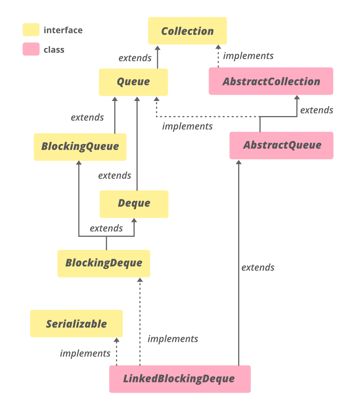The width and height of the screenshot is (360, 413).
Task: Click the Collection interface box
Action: [187, 31]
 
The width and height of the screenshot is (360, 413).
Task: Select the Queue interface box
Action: [133, 82]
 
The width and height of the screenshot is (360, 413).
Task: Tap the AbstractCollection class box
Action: [271, 81]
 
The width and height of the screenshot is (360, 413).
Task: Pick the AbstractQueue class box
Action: [282, 145]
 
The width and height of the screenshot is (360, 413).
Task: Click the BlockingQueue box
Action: [80, 147]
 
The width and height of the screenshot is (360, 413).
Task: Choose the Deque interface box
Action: [134, 204]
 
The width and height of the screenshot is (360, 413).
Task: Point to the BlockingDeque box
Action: [103, 263]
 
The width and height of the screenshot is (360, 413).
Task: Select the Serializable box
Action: [76, 324]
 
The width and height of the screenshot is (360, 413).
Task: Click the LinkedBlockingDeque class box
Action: [180, 379]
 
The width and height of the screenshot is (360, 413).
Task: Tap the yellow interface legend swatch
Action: [31, 30]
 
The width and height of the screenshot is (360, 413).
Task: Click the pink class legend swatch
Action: [31, 49]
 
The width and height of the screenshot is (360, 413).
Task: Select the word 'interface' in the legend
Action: [63, 30]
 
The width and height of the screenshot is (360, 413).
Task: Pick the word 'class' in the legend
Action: [54, 50]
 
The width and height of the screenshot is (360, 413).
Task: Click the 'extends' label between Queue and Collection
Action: [135, 58]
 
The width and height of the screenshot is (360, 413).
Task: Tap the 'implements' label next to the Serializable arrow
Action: [85, 354]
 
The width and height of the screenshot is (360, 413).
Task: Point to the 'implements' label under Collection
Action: [248, 56]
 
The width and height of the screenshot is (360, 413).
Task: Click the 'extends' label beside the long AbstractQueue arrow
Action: [258, 267]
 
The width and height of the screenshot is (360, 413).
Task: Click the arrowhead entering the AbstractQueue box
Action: [239, 162]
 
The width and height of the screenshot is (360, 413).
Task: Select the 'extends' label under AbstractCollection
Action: [317, 110]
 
